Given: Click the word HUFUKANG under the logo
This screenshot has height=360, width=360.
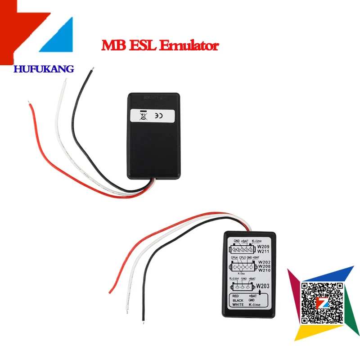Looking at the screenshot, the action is (44, 69).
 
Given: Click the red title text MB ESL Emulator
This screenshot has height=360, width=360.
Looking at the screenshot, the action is (160, 46).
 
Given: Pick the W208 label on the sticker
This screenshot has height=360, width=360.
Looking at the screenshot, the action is (265, 266).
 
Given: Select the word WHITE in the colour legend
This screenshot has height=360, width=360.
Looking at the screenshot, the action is (238, 305).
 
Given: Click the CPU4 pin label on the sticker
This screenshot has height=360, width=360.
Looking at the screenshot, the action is (234, 257).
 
